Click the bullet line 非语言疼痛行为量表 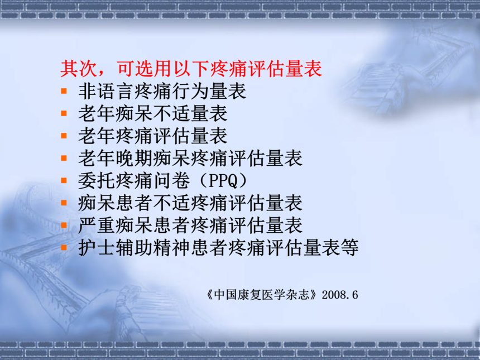162,91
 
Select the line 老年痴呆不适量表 153,113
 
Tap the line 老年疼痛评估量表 153,136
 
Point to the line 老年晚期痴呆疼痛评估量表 190,159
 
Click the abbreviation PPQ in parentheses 223,181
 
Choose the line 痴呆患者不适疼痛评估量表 190,203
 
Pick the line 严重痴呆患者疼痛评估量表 190,225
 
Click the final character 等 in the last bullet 349,248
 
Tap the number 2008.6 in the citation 340,295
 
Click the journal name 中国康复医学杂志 262,295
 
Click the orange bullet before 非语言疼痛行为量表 64,91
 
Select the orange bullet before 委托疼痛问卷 64,180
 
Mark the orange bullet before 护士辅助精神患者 64,247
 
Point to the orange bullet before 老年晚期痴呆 64,158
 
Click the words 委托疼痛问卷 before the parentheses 134,181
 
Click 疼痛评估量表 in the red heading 266,68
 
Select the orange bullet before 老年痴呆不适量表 64,113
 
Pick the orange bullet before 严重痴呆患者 64,225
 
